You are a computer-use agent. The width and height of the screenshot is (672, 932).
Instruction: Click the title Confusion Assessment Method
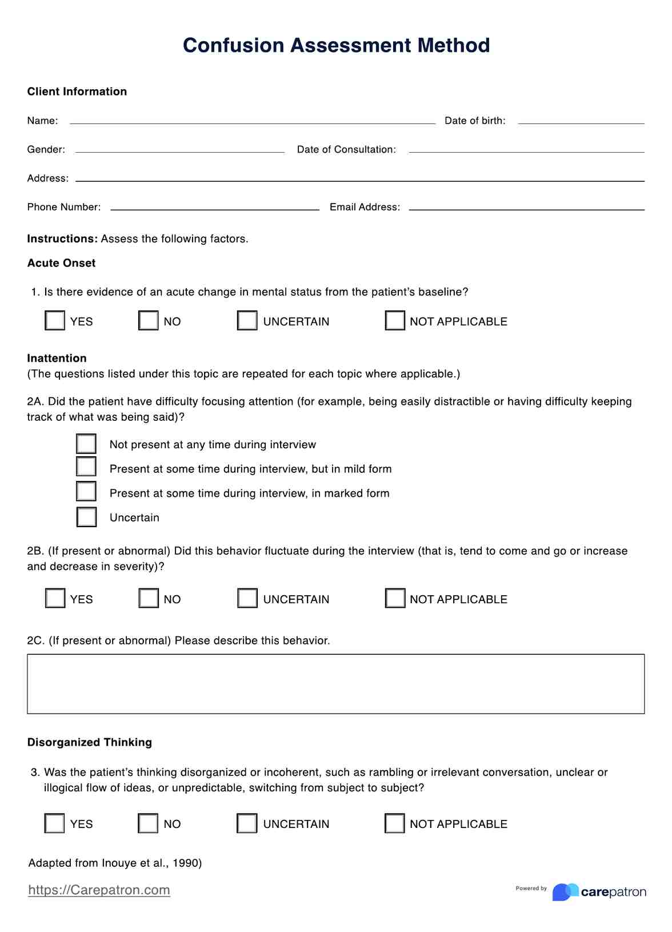tap(336, 45)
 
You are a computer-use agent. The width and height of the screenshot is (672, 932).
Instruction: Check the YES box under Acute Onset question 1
tap(55, 321)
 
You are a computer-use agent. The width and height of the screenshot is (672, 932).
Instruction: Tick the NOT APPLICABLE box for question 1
tap(395, 321)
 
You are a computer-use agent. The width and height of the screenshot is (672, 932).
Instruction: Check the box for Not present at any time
tap(86, 444)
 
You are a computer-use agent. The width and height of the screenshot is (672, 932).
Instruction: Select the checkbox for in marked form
tap(86, 492)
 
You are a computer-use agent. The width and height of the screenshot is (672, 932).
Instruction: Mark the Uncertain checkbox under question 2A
tap(86, 517)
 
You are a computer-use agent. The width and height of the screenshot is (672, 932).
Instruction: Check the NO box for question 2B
tap(149, 599)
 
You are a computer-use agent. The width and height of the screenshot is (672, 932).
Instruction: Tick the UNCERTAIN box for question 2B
tap(247, 599)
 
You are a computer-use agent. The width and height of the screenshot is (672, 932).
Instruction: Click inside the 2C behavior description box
tap(336, 684)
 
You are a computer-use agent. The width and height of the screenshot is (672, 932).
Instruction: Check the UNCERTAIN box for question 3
tap(247, 823)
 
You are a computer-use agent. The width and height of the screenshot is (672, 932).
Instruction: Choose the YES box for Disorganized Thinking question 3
tap(55, 823)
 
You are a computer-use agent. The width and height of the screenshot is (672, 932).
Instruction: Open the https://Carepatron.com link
tap(99, 890)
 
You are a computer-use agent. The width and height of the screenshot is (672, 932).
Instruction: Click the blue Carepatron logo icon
tap(565, 892)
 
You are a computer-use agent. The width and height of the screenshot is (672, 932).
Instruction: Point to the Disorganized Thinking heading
tap(90, 742)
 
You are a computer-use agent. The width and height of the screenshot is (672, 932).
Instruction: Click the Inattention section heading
tap(57, 359)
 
